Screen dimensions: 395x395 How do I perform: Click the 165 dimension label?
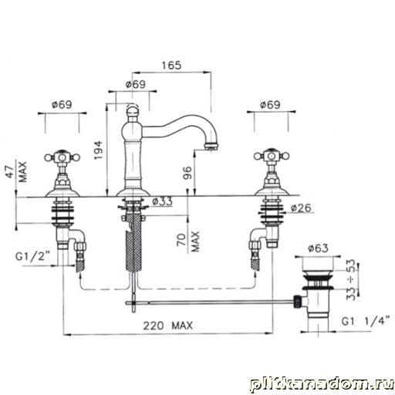pos(171,66)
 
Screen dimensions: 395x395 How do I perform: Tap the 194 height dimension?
pos(98,150)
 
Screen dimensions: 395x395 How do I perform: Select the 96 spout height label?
pos(187,173)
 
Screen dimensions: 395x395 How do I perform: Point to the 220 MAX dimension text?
pos(167,326)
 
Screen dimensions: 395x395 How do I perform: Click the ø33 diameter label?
pos(162,201)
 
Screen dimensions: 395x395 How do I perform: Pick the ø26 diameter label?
pos(301,208)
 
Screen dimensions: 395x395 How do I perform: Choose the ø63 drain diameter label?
pos(318,248)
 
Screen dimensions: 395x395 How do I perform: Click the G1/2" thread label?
pos(32,256)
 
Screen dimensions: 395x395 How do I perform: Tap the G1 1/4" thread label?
pos(366,321)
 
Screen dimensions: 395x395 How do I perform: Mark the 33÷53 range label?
pos(351,280)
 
